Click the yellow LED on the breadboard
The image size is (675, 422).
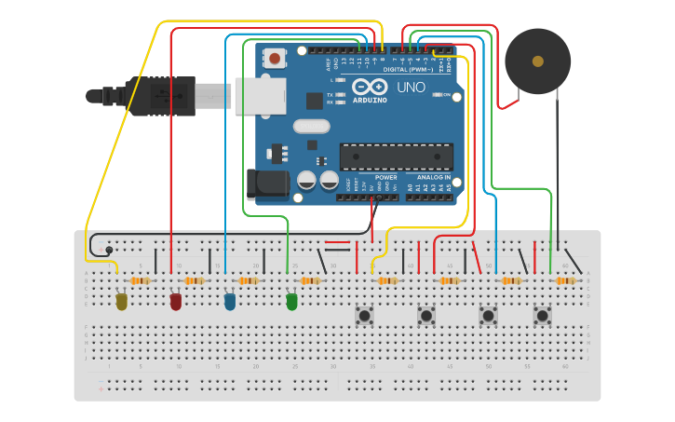(121, 302)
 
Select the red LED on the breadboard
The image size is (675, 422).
(176, 302)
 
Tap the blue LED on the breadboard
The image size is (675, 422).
(230, 302)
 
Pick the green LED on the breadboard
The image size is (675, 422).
(291, 302)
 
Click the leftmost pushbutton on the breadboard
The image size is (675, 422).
(365, 316)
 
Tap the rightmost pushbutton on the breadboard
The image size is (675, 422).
(542, 316)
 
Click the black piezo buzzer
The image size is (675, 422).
(537, 61)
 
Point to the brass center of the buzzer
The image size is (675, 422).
(537, 61)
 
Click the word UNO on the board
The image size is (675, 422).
(411, 88)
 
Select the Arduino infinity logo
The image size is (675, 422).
(370, 88)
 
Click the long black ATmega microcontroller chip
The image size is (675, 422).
(396, 157)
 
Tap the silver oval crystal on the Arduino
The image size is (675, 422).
(311, 126)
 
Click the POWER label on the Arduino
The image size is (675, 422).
(385, 177)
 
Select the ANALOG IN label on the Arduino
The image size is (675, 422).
(433, 177)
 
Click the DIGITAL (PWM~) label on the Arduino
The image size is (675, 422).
(408, 69)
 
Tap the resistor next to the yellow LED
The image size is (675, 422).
(141, 280)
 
